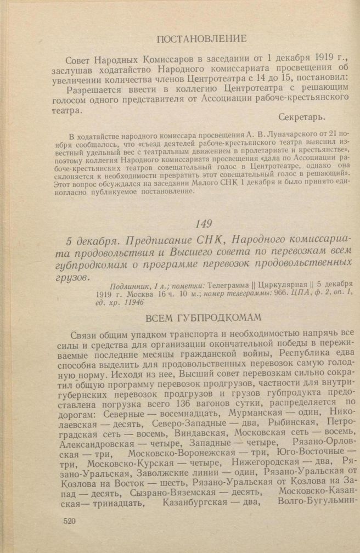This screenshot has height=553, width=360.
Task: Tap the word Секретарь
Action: [x=301, y=118]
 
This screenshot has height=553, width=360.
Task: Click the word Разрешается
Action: [x=95, y=87]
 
